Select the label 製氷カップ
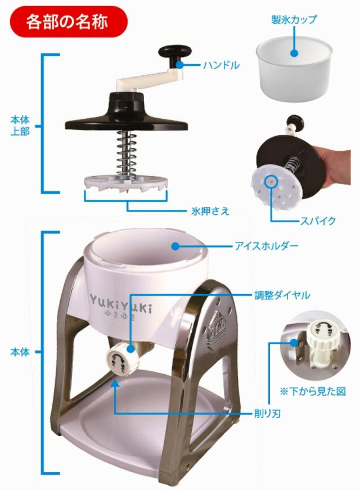coord(294,20)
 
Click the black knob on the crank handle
coord(170,53)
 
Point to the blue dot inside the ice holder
coord(175,246)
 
